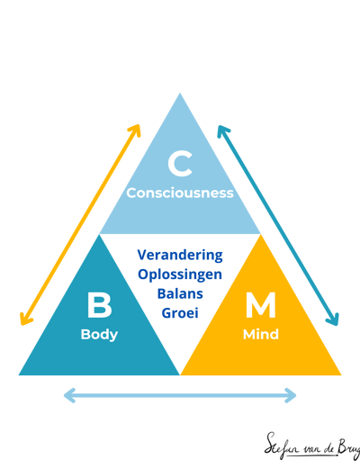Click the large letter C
coord(180,164)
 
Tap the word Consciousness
coord(180,193)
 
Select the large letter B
coord(100,305)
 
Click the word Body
coord(99,335)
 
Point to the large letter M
coord(261,305)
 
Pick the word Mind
coord(261,334)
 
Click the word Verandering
coord(180,255)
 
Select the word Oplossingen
coord(180,274)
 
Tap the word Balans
coord(180,293)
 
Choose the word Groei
coord(180,313)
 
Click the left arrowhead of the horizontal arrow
coord(67,395)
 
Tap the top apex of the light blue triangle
coord(180,93)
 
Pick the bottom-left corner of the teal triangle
coord(19,375)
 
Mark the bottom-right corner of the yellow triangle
coord(341,375)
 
